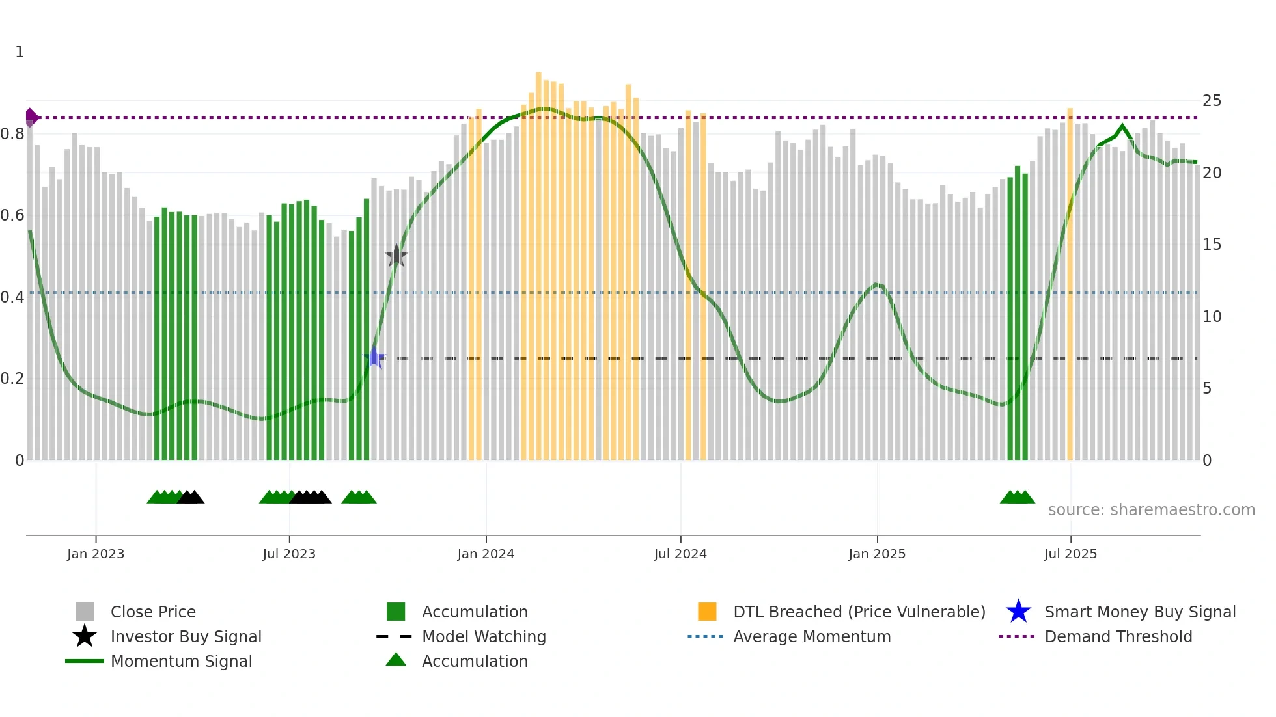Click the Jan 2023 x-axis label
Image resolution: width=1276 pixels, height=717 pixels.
[96, 554]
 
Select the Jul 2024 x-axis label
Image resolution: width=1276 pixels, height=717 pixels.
[680, 554]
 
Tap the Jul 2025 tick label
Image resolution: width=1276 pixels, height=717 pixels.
[1070, 554]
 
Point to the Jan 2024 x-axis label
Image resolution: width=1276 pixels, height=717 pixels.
[486, 554]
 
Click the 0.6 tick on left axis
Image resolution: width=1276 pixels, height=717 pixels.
[12, 215]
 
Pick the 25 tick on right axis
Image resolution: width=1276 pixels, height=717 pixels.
[1212, 101]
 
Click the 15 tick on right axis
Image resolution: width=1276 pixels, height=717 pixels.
[1212, 245]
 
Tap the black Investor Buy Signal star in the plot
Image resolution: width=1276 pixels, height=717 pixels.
[396, 256]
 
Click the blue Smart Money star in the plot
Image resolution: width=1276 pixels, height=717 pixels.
[374, 358]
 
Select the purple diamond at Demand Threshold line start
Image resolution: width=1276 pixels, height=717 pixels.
[31, 117]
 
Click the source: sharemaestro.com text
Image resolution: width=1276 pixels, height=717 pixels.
[1151, 510]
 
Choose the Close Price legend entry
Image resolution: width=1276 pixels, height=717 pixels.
[153, 612]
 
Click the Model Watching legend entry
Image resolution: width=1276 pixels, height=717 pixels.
[484, 637]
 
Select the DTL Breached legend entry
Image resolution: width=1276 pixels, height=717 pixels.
[859, 612]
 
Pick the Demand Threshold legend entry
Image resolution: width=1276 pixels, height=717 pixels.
[1118, 637]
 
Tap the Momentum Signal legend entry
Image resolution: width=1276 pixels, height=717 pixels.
[181, 662]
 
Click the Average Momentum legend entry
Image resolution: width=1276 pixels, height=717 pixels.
[812, 637]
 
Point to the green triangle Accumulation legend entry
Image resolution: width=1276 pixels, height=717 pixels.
[475, 662]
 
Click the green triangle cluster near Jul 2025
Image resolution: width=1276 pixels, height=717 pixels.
[1017, 497]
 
